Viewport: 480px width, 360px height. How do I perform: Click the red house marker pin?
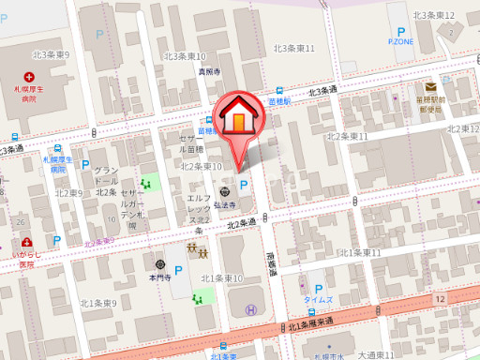[239, 117]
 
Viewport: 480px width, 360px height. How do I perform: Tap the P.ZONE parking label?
[400, 42]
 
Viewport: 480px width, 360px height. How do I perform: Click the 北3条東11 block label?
[293, 48]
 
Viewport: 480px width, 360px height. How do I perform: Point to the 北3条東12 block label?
[434, 16]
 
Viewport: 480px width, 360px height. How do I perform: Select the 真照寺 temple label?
[208, 71]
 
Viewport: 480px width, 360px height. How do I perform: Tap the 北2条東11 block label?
[347, 137]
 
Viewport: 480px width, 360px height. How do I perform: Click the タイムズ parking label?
[319, 301]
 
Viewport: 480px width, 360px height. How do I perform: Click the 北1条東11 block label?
[360, 253]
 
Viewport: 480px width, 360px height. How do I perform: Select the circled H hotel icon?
[250, 310]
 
